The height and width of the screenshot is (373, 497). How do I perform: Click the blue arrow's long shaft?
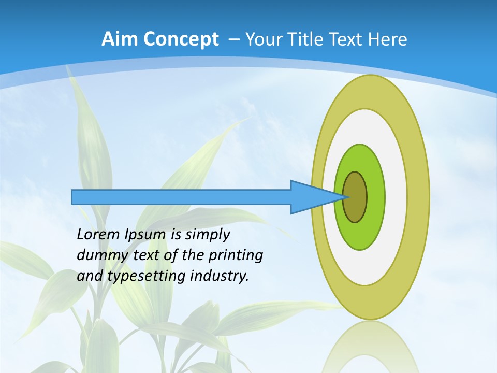pyautogui.click(x=181, y=197)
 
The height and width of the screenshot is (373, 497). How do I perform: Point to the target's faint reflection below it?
pyautogui.click(x=371, y=347)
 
